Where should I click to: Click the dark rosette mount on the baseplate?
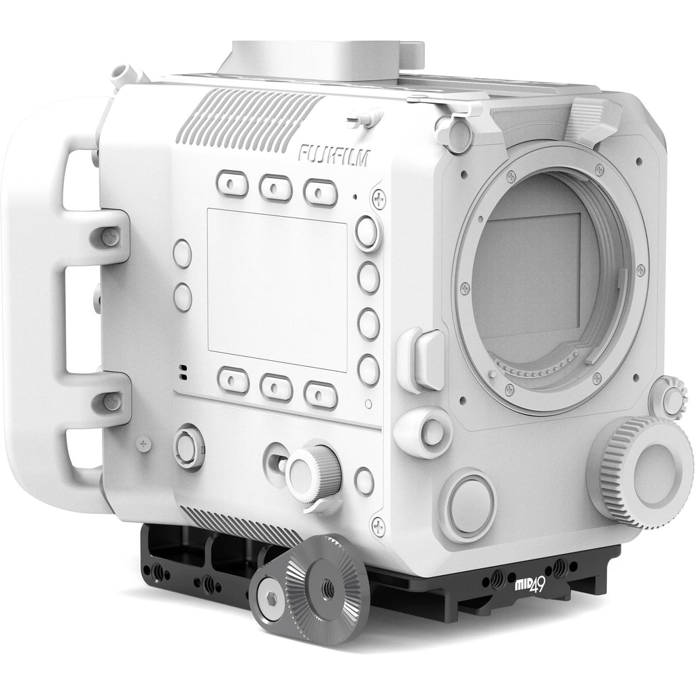coord(310,582)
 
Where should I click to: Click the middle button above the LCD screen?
coord(276,188)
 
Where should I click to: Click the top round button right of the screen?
coord(368,232)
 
